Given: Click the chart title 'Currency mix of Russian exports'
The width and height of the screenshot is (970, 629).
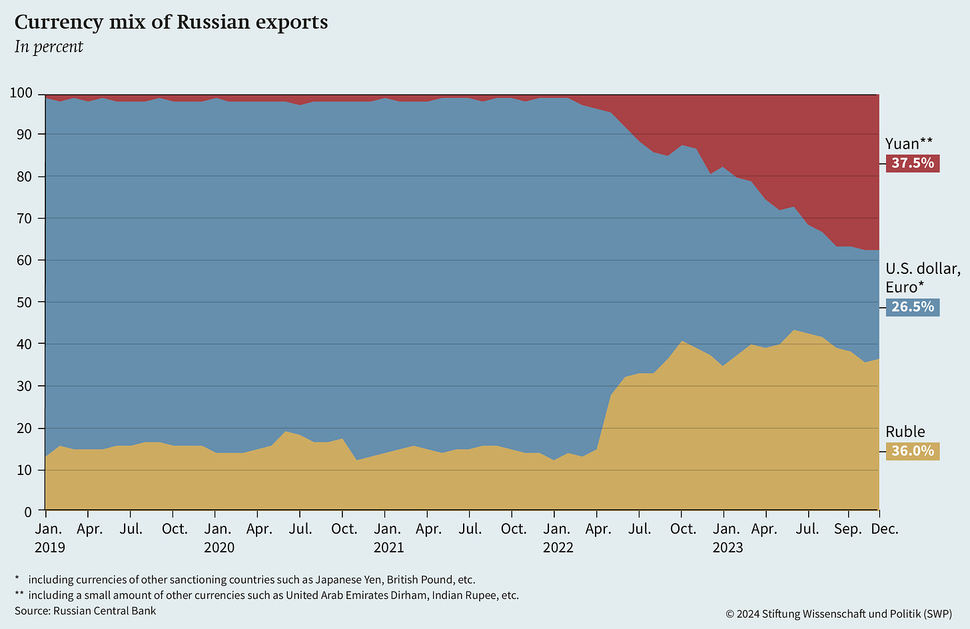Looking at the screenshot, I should (171, 23).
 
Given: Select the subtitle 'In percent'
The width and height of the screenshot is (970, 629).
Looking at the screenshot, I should (49, 47).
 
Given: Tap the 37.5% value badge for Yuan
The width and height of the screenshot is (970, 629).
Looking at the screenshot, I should (912, 163).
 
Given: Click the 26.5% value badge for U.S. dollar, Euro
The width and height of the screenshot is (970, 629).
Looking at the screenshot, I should (912, 307).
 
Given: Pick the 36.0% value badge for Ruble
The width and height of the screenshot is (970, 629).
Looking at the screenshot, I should (912, 451).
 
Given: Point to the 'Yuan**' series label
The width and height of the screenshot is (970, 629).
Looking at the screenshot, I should (909, 143).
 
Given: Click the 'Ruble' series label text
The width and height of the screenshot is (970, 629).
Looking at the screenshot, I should (905, 432).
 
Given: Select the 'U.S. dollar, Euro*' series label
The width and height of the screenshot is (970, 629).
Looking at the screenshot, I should (922, 278).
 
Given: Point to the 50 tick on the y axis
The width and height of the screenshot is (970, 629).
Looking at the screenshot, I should (25, 303).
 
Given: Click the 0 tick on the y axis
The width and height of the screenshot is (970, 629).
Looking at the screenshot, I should (28, 512).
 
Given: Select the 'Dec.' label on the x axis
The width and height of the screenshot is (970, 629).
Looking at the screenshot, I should (885, 530).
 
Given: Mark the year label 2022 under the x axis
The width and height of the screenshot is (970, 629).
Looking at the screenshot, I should (558, 548).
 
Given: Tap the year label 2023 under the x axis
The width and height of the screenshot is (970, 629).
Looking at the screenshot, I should (727, 548).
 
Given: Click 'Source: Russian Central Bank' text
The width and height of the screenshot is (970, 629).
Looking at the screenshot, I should (85, 610).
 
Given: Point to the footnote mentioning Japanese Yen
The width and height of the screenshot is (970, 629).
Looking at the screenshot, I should (245, 580).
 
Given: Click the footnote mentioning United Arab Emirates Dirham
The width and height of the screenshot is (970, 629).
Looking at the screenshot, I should (266, 595).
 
